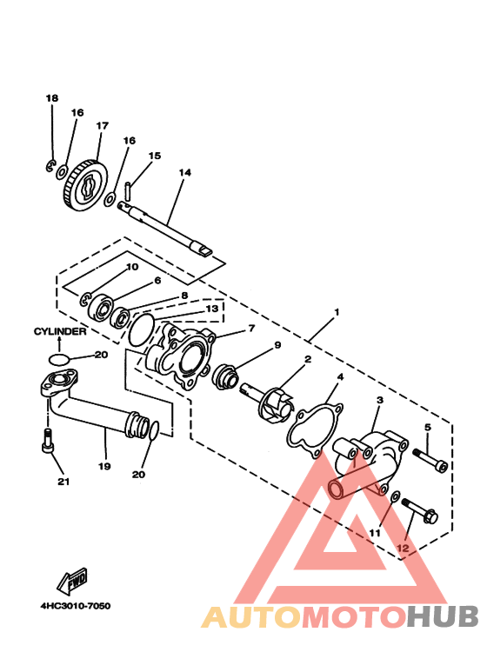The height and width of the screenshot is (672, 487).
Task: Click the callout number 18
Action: pos(52,98)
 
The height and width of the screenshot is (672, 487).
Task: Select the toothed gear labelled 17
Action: pos(85,186)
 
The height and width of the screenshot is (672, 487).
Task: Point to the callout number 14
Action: pos(184,172)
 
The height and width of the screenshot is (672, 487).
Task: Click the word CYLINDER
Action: pos(60,331)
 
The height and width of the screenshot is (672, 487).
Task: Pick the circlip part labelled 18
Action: pos(50,165)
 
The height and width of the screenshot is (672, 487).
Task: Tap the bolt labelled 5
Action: pos(430,459)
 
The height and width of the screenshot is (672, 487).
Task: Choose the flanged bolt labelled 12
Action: pos(419,510)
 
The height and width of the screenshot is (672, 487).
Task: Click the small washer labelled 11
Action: pos(396,496)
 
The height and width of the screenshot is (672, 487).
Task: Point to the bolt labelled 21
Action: pos(47,439)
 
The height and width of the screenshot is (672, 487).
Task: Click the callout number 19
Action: pos(104,466)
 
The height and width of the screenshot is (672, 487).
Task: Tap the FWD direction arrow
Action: pos(72,581)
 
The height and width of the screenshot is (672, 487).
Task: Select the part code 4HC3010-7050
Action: pos(76,606)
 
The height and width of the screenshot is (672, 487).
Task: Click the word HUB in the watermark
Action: pos(443,616)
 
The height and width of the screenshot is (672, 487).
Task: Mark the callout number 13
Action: pos(212,309)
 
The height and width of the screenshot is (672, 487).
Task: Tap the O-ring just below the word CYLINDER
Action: pos(58,358)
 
